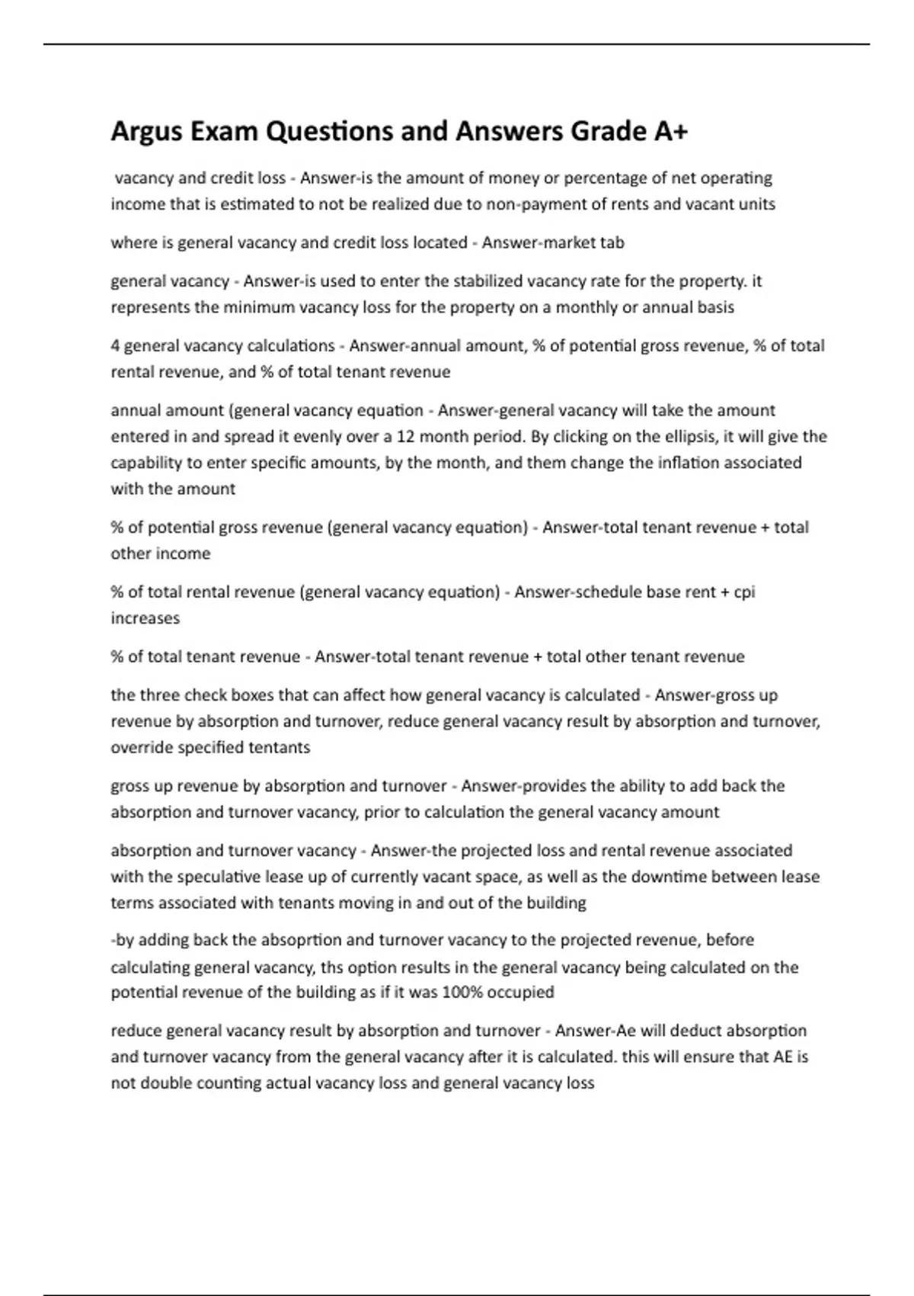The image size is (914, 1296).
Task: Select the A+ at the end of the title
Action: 670,132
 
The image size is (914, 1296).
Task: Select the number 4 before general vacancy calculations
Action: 115,346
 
